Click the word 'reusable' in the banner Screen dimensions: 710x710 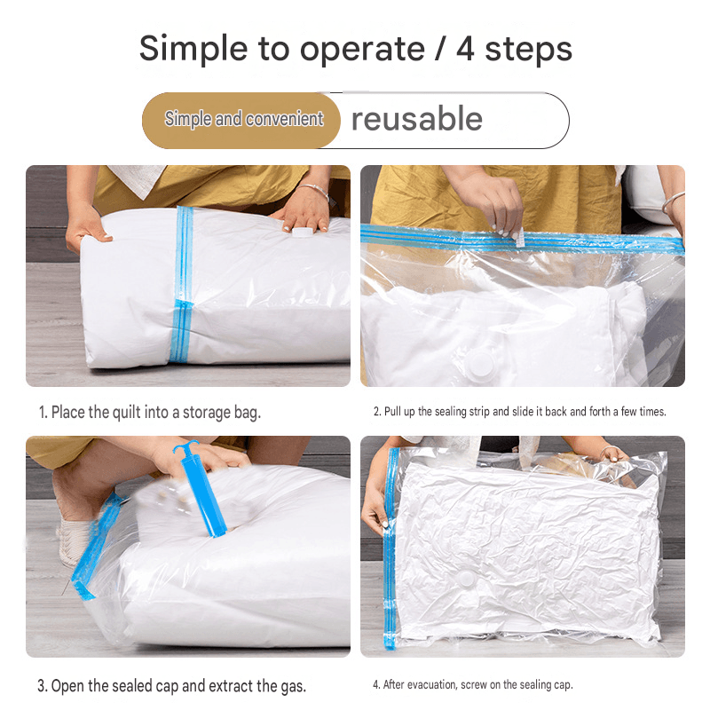pyautogui.click(x=417, y=119)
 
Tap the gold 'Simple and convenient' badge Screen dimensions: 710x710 pyautogui.click(x=241, y=121)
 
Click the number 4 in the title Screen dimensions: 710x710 pyautogui.click(x=465, y=49)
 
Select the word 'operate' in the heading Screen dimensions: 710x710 pyautogui.click(x=362, y=50)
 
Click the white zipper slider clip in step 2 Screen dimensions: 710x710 pyautogui.click(x=520, y=237)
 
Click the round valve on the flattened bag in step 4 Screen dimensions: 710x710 pyautogui.click(x=465, y=580)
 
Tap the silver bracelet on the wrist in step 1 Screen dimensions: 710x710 pyautogui.click(x=314, y=191)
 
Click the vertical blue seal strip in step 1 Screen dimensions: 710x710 pyautogui.click(x=182, y=284)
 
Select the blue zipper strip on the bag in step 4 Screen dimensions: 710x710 pyautogui.click(x=390, y=548)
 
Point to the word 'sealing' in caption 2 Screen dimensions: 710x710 pyautogui.click(x=451, y=412)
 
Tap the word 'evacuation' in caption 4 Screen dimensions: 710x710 pyautogui.click(x=431, y=684)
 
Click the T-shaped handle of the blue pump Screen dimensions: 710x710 pyautogui.click(x=185, y=446)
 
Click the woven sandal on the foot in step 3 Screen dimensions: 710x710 pyautogui.click(x=74, y=542)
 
